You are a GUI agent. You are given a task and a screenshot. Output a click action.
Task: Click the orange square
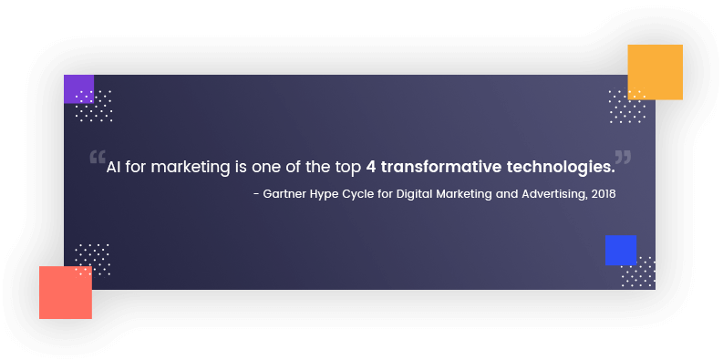[x=655, y=72]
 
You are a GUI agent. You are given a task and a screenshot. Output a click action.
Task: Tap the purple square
[x=78, y=88]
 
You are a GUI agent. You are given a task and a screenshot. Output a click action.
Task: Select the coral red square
[x=66, y=293]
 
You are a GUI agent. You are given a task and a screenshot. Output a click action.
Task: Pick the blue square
[x=620, y=250]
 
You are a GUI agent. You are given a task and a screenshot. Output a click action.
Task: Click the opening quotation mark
[x=97, y=159]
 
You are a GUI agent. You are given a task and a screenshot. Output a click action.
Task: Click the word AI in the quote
[x=114, y=168]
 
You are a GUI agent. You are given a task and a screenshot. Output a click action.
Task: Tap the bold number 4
[x=371, y=168]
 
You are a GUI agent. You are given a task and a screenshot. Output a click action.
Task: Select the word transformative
[x=432, y=168]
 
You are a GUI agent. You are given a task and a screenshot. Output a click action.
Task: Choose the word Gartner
[x=286, y=195]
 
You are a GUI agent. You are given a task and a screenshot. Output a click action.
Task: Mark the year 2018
[x=604, y=195]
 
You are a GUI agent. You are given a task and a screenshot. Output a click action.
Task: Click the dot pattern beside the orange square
[x=626, y=108]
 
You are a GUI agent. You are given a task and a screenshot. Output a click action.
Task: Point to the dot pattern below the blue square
[x=638, y=273]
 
